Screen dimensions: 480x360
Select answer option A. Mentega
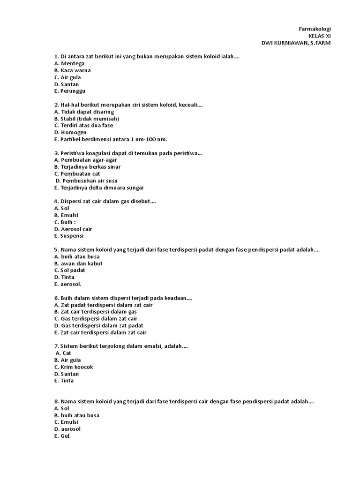pos(69,63)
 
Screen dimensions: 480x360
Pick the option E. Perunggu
pos(70,91)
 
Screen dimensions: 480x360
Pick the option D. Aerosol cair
pos(73,229)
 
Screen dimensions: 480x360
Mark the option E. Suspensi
pos(69,236)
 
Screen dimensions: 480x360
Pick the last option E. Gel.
pos(62,436)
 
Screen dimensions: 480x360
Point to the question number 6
pos(56,298)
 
